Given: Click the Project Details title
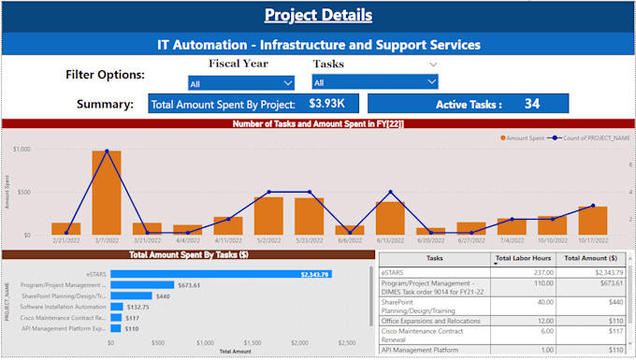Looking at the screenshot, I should (x=318, y=15).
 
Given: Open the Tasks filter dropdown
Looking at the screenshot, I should (x=375, y=82).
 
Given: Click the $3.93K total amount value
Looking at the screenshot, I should (x=327, y=104).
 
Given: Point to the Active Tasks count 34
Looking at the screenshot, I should (x=532, y=104).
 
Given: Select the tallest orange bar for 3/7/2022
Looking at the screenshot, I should (x=107, y=192).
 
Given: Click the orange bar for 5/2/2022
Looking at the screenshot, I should (x=268, y=215).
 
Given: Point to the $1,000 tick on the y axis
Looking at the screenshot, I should (x=22, y=150).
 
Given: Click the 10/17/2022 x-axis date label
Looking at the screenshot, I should (x=593, y=240).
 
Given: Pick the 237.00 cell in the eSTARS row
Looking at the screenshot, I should (x=541, y=271).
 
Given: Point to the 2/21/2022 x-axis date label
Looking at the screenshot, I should (x=66, y=240).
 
